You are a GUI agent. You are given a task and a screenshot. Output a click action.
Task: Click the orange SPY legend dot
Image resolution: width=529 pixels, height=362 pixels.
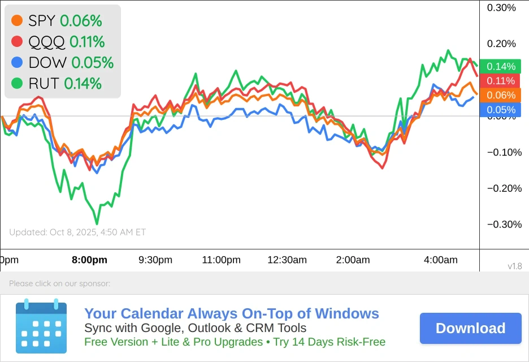(x=17, y=21)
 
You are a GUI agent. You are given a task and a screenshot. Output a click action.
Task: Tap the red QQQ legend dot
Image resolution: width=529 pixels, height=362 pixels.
(x=17, y=41)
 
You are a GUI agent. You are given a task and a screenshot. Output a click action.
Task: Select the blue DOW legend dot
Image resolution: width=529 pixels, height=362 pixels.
(x=17, y=62)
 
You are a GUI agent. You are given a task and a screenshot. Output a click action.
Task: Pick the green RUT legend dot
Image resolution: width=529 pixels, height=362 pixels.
(x=17, y=84)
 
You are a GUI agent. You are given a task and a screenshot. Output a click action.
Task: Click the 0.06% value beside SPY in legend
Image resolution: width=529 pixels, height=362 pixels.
(x=81, y=21)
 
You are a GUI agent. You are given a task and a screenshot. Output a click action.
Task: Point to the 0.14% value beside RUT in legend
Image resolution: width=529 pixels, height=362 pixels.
(x=83, y=84)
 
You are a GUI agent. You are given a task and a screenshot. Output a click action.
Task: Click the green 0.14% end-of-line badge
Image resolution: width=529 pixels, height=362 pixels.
(x=501, y=66)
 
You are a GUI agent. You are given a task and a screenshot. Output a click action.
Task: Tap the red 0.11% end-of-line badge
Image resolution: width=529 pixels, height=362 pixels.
(x=501, y=81)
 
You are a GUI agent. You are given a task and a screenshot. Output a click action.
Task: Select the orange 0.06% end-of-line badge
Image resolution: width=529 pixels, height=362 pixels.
(x=501, y=95)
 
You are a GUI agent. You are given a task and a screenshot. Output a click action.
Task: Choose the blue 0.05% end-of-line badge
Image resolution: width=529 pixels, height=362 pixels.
(x=501, y=110)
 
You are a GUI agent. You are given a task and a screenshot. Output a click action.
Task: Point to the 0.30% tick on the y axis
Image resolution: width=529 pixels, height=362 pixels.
(x=501, y=7)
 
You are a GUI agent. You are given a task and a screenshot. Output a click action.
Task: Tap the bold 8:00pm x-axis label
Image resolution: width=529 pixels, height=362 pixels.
(x=89, y=260)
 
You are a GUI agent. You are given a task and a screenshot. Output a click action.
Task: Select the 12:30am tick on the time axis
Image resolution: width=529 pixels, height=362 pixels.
(x=288, y=260)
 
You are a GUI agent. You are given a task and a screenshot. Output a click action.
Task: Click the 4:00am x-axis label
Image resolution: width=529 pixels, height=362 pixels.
(x=440, y=260)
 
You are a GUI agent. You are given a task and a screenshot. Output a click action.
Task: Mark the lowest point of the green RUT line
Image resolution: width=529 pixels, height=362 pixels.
(x=97, y=223)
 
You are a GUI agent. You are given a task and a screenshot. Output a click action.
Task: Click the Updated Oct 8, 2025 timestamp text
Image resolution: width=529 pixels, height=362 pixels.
(x=77, y=232)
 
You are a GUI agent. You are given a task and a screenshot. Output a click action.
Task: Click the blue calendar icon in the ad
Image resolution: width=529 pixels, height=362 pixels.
(x=41, y=326)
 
